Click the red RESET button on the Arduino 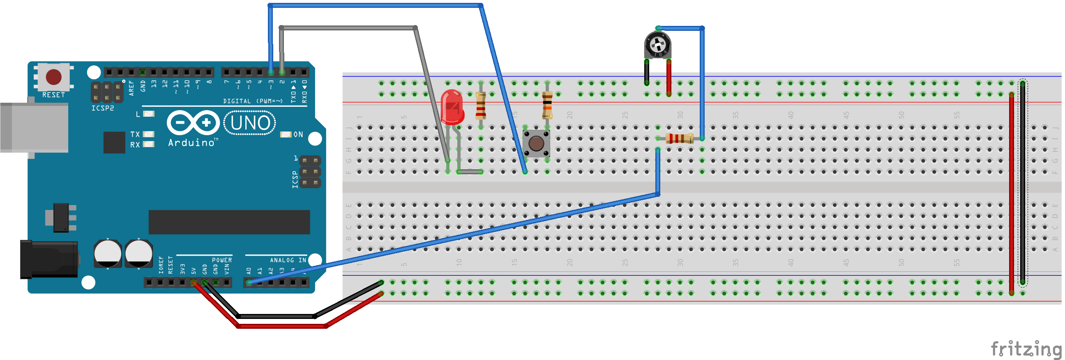tap(53, 76)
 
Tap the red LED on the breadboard tap(452, 107)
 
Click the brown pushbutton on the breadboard tap(536, 143)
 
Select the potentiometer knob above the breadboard tap(657, 45)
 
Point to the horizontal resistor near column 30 tap(679, 138)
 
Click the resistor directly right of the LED tap(480, 105)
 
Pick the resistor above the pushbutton tap(547, 105)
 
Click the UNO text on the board tap(250, 123)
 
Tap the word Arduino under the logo tap(191, 143)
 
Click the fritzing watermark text tap(1026, 348)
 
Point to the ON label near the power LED tap(298, 135)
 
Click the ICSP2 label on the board tap(103, 108)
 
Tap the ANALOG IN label tap(288, 260)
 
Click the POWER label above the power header tap(221, 260)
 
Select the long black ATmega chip tap(229, 222)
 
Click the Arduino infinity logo tap(193, 122)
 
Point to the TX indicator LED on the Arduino tap(148, 134)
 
